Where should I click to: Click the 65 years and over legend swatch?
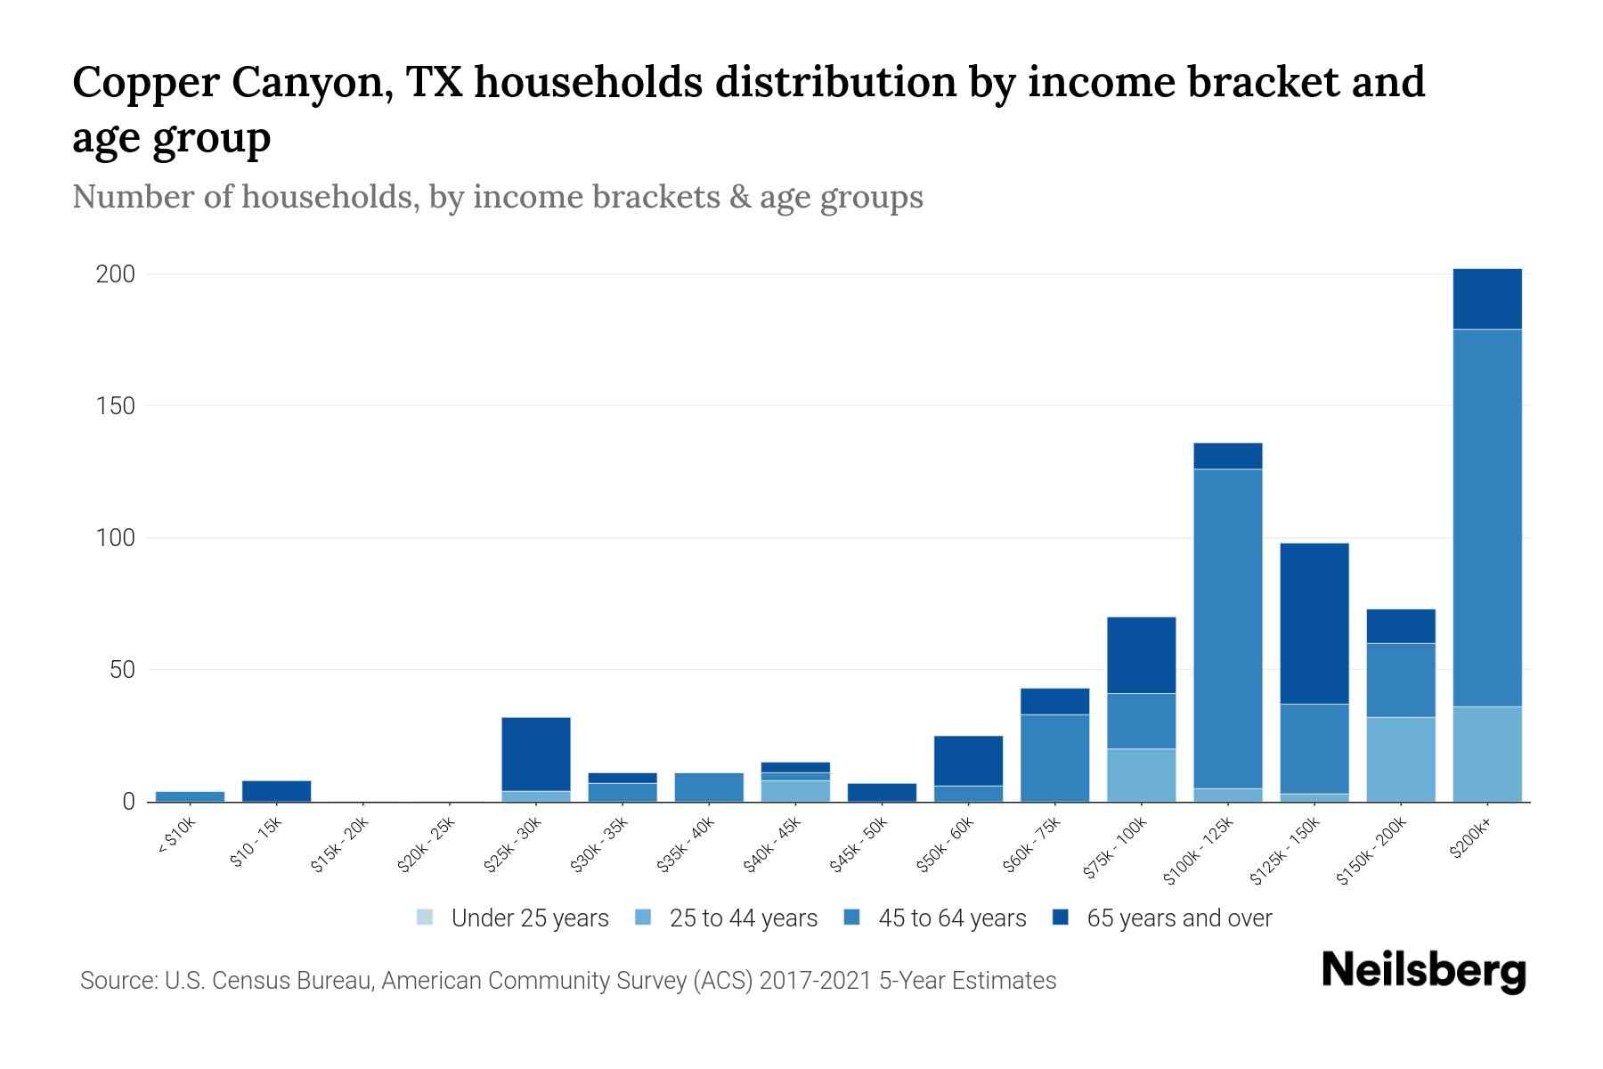[x=1061, y=918]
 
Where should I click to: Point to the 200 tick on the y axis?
[x=116, y=274]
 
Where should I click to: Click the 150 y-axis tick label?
[x=116, y=406]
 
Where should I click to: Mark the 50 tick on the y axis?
[x=122, y=670]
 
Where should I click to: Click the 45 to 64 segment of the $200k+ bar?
[x=1487, y=518]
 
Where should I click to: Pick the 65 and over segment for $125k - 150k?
[x=1314, y=624]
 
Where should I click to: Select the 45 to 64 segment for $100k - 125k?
[x=1228, y=628]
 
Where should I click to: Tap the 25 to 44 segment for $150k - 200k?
[x=1401, y=759]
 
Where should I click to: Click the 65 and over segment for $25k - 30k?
[x=536, y=754]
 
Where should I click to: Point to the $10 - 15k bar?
[x=276, y=791]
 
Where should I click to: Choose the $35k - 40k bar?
[x=709, y=787]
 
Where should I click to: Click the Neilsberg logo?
[x=1423, y=971]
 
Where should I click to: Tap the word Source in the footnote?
[x=117, y=981]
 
